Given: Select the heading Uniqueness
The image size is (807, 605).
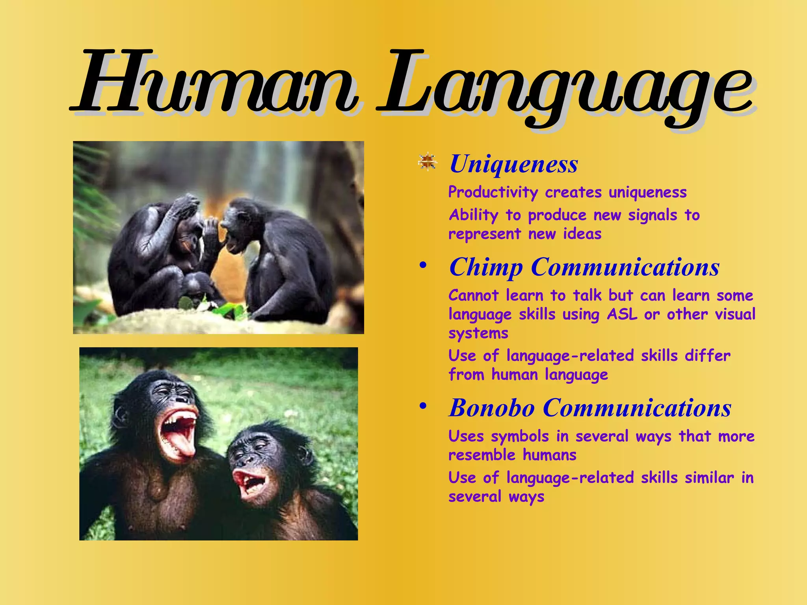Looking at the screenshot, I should tap(514, 164).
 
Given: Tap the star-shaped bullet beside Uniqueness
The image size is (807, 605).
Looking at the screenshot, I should tap(428, 162).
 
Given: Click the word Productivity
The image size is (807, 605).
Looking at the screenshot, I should tap(493, 193).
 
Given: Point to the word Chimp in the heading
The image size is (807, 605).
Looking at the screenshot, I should tap(486, 267).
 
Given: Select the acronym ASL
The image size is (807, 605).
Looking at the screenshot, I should tap(622, 314).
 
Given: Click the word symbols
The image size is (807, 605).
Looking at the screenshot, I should tap(520, 436).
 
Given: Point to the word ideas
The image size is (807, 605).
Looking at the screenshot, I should tap(582, 234).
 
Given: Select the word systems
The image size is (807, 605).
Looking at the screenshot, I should tap(478, 334).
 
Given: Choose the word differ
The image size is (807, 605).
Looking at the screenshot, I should tap(707, 356).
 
